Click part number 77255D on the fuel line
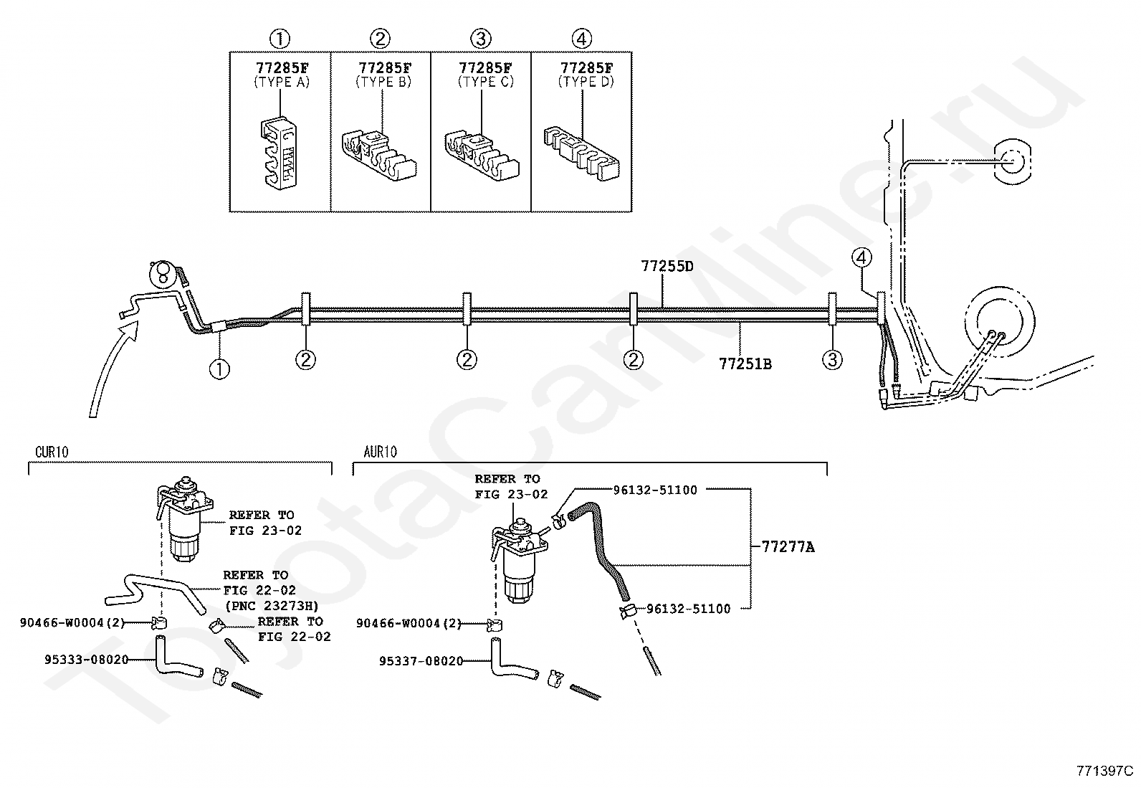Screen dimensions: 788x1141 667,267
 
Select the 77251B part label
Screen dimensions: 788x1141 745,364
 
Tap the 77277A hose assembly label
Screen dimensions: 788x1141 788,547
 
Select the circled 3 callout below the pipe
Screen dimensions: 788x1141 832,359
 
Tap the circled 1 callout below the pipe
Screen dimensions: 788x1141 219,369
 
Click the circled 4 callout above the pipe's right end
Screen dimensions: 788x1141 862,257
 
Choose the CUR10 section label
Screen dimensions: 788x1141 52,452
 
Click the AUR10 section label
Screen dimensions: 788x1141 380,452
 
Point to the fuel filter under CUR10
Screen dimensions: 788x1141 185,523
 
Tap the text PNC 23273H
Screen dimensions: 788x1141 271,605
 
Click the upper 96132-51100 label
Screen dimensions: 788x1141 655,490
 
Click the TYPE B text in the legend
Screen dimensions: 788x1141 385,82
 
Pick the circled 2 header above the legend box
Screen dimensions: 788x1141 381,38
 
